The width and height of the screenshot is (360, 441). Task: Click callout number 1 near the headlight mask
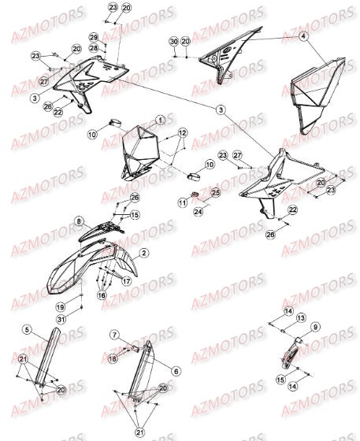coord(160,120)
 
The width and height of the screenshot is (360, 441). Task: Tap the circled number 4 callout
coord(304,37)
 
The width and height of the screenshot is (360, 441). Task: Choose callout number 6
coord(175,370)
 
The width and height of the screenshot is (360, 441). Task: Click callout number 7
coord(113,335)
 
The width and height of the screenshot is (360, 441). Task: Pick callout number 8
coord(79,221)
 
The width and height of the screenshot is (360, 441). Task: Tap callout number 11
coord(181,202)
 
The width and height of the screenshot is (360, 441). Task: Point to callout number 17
coord(125,280)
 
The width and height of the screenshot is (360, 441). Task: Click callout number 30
coord(173,40)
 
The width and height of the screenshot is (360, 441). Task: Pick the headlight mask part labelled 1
coord(142,150)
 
